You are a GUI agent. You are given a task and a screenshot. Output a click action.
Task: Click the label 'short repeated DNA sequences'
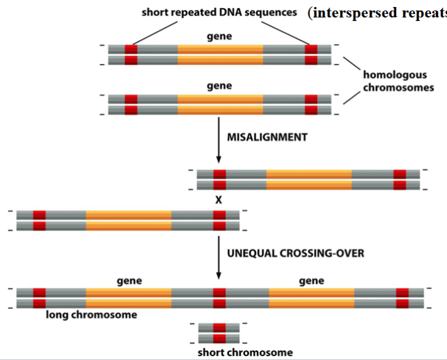(x=219, y=12)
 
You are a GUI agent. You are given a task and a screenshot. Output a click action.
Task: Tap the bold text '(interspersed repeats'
(x=378, y=13)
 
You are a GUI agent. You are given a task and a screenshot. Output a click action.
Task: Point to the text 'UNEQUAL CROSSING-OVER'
(x=296, y=254)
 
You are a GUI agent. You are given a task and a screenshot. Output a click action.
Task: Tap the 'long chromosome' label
(x=92, y=315)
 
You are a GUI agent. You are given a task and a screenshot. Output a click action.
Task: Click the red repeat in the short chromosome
(x=219, y=333)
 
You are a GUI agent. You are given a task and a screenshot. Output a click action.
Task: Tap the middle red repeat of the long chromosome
(x=219, y=297)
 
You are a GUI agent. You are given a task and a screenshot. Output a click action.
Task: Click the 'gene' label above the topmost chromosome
(x=219, y=37)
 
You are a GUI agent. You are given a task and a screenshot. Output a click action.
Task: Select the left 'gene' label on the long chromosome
(x=129, y=281)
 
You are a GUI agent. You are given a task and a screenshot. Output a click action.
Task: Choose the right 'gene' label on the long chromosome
(x=311, y=281)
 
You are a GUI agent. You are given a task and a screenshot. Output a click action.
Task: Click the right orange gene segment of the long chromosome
(x=311, y=297)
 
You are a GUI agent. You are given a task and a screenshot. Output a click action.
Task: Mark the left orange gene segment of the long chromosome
(x=129, y=297)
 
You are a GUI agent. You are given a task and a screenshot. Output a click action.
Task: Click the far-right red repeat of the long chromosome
(x=402, y=297)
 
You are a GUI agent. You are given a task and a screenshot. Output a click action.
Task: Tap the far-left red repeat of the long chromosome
(x=39, y=297)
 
